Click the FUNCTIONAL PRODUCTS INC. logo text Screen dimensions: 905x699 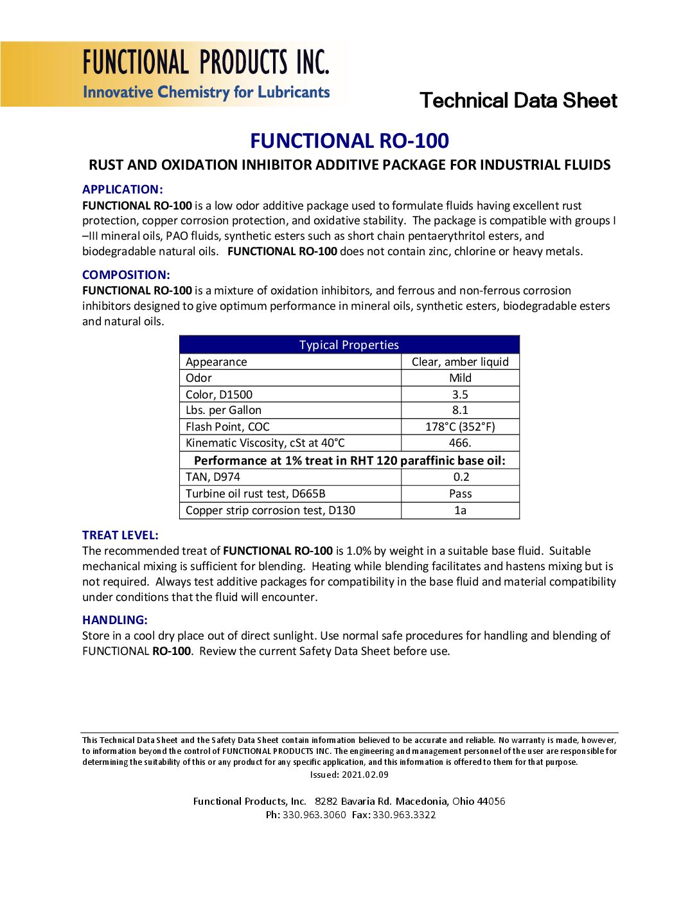click(206, 62)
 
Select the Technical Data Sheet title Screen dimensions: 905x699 click(518, 100)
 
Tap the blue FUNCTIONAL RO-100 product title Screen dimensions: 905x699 click(349, 141)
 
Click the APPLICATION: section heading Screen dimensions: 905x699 click(123, 189)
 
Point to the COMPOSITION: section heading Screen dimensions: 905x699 click(126, 274)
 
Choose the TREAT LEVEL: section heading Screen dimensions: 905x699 click(120, 535)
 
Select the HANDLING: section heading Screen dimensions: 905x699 click(115, 620)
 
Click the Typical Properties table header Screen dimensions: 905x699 click(349, 345)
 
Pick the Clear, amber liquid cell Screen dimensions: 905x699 click(460, 361)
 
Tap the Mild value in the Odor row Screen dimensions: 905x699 click(460, 378)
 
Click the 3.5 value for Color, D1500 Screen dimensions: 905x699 click(460, 394)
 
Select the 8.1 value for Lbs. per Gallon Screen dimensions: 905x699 click(460, 410)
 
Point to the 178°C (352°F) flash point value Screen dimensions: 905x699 click(460, 427)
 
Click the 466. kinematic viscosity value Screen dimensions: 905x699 click(460, 443)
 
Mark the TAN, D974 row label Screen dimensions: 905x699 click(213, 477)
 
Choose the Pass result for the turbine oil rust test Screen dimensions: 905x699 click(460, 494)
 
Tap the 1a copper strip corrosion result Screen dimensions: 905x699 click(460, 510)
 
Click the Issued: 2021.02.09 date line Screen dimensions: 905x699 click(349, 775)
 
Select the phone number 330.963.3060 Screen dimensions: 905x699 click(314, 815)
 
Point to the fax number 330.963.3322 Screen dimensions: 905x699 click(404, 815)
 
